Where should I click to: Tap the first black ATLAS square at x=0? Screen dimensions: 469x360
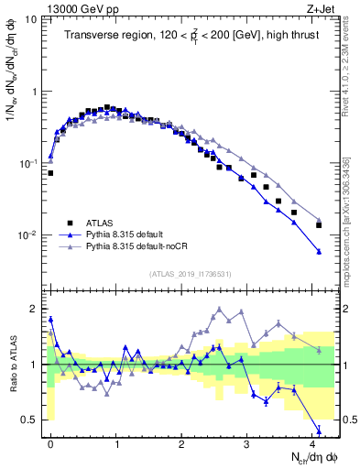pos(50,172)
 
